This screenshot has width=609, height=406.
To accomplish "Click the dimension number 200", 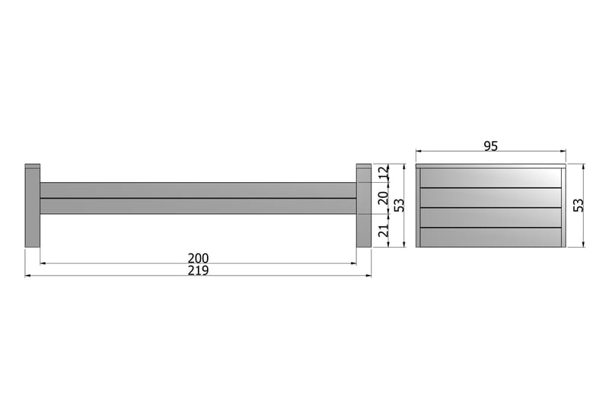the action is click(198, 258).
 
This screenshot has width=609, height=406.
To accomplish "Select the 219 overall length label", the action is click(198, 270).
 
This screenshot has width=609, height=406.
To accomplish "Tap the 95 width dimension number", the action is click(490, 146).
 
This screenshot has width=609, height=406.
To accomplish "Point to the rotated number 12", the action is click(384, 172).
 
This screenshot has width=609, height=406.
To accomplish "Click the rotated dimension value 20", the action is click(384, 198).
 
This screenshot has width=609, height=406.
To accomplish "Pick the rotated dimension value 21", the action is click(384, 230).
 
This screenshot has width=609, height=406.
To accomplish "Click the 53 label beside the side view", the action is click(399, 205).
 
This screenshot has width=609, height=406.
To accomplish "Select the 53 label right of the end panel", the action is click(579, 205).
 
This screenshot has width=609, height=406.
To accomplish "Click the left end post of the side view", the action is click(32, 205).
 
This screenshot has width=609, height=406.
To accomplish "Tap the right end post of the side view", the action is click(364, 205).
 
